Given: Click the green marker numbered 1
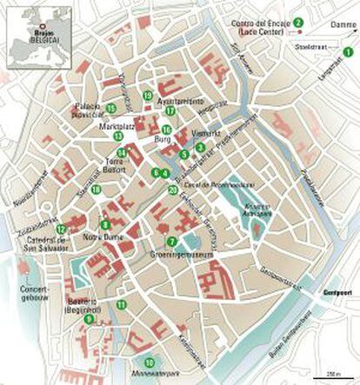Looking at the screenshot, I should (348, 53).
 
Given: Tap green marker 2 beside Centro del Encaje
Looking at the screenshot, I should (297, 21).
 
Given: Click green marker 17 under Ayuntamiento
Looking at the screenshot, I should (170, 111).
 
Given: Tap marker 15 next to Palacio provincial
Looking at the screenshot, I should (111, 108).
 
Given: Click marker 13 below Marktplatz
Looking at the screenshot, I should (118, 136).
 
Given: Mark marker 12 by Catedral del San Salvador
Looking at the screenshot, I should (60, 229).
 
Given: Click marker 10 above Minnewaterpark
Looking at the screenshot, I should (149, 362).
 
